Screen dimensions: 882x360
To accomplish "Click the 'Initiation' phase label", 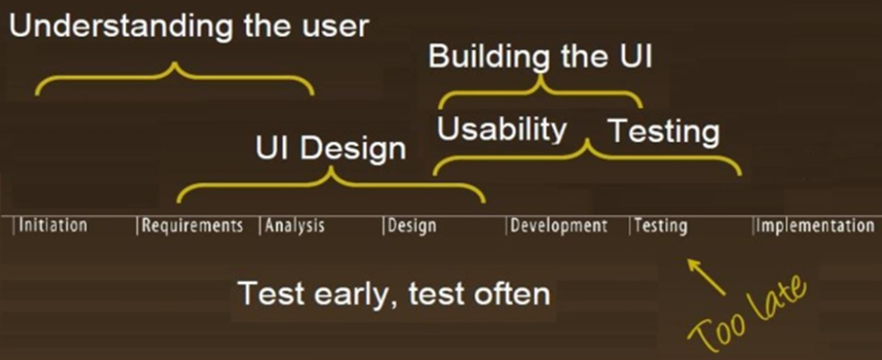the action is [53, 225].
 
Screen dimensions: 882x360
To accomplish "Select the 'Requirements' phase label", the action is [193, 226].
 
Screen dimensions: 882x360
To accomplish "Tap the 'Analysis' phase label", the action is [295, 226].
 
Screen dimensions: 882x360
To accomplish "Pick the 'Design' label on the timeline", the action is [412, 226].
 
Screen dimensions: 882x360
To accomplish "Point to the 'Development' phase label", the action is [559, 226].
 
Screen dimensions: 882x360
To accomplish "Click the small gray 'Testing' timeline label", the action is [661, 226].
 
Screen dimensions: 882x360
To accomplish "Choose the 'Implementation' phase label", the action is [815, 226].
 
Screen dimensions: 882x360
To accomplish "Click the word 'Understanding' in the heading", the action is [121, 27].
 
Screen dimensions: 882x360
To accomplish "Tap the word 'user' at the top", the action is [335, 28].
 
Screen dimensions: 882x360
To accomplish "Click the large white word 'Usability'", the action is [502, 130].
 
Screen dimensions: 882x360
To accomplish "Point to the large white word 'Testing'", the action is [664, 132].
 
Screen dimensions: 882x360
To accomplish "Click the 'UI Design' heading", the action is [331, 149].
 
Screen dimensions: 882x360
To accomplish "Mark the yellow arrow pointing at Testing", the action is [706, 276].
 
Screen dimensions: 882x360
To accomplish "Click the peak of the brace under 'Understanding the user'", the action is [175, 63].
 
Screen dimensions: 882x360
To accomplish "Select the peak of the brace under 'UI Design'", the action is [331, 167].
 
